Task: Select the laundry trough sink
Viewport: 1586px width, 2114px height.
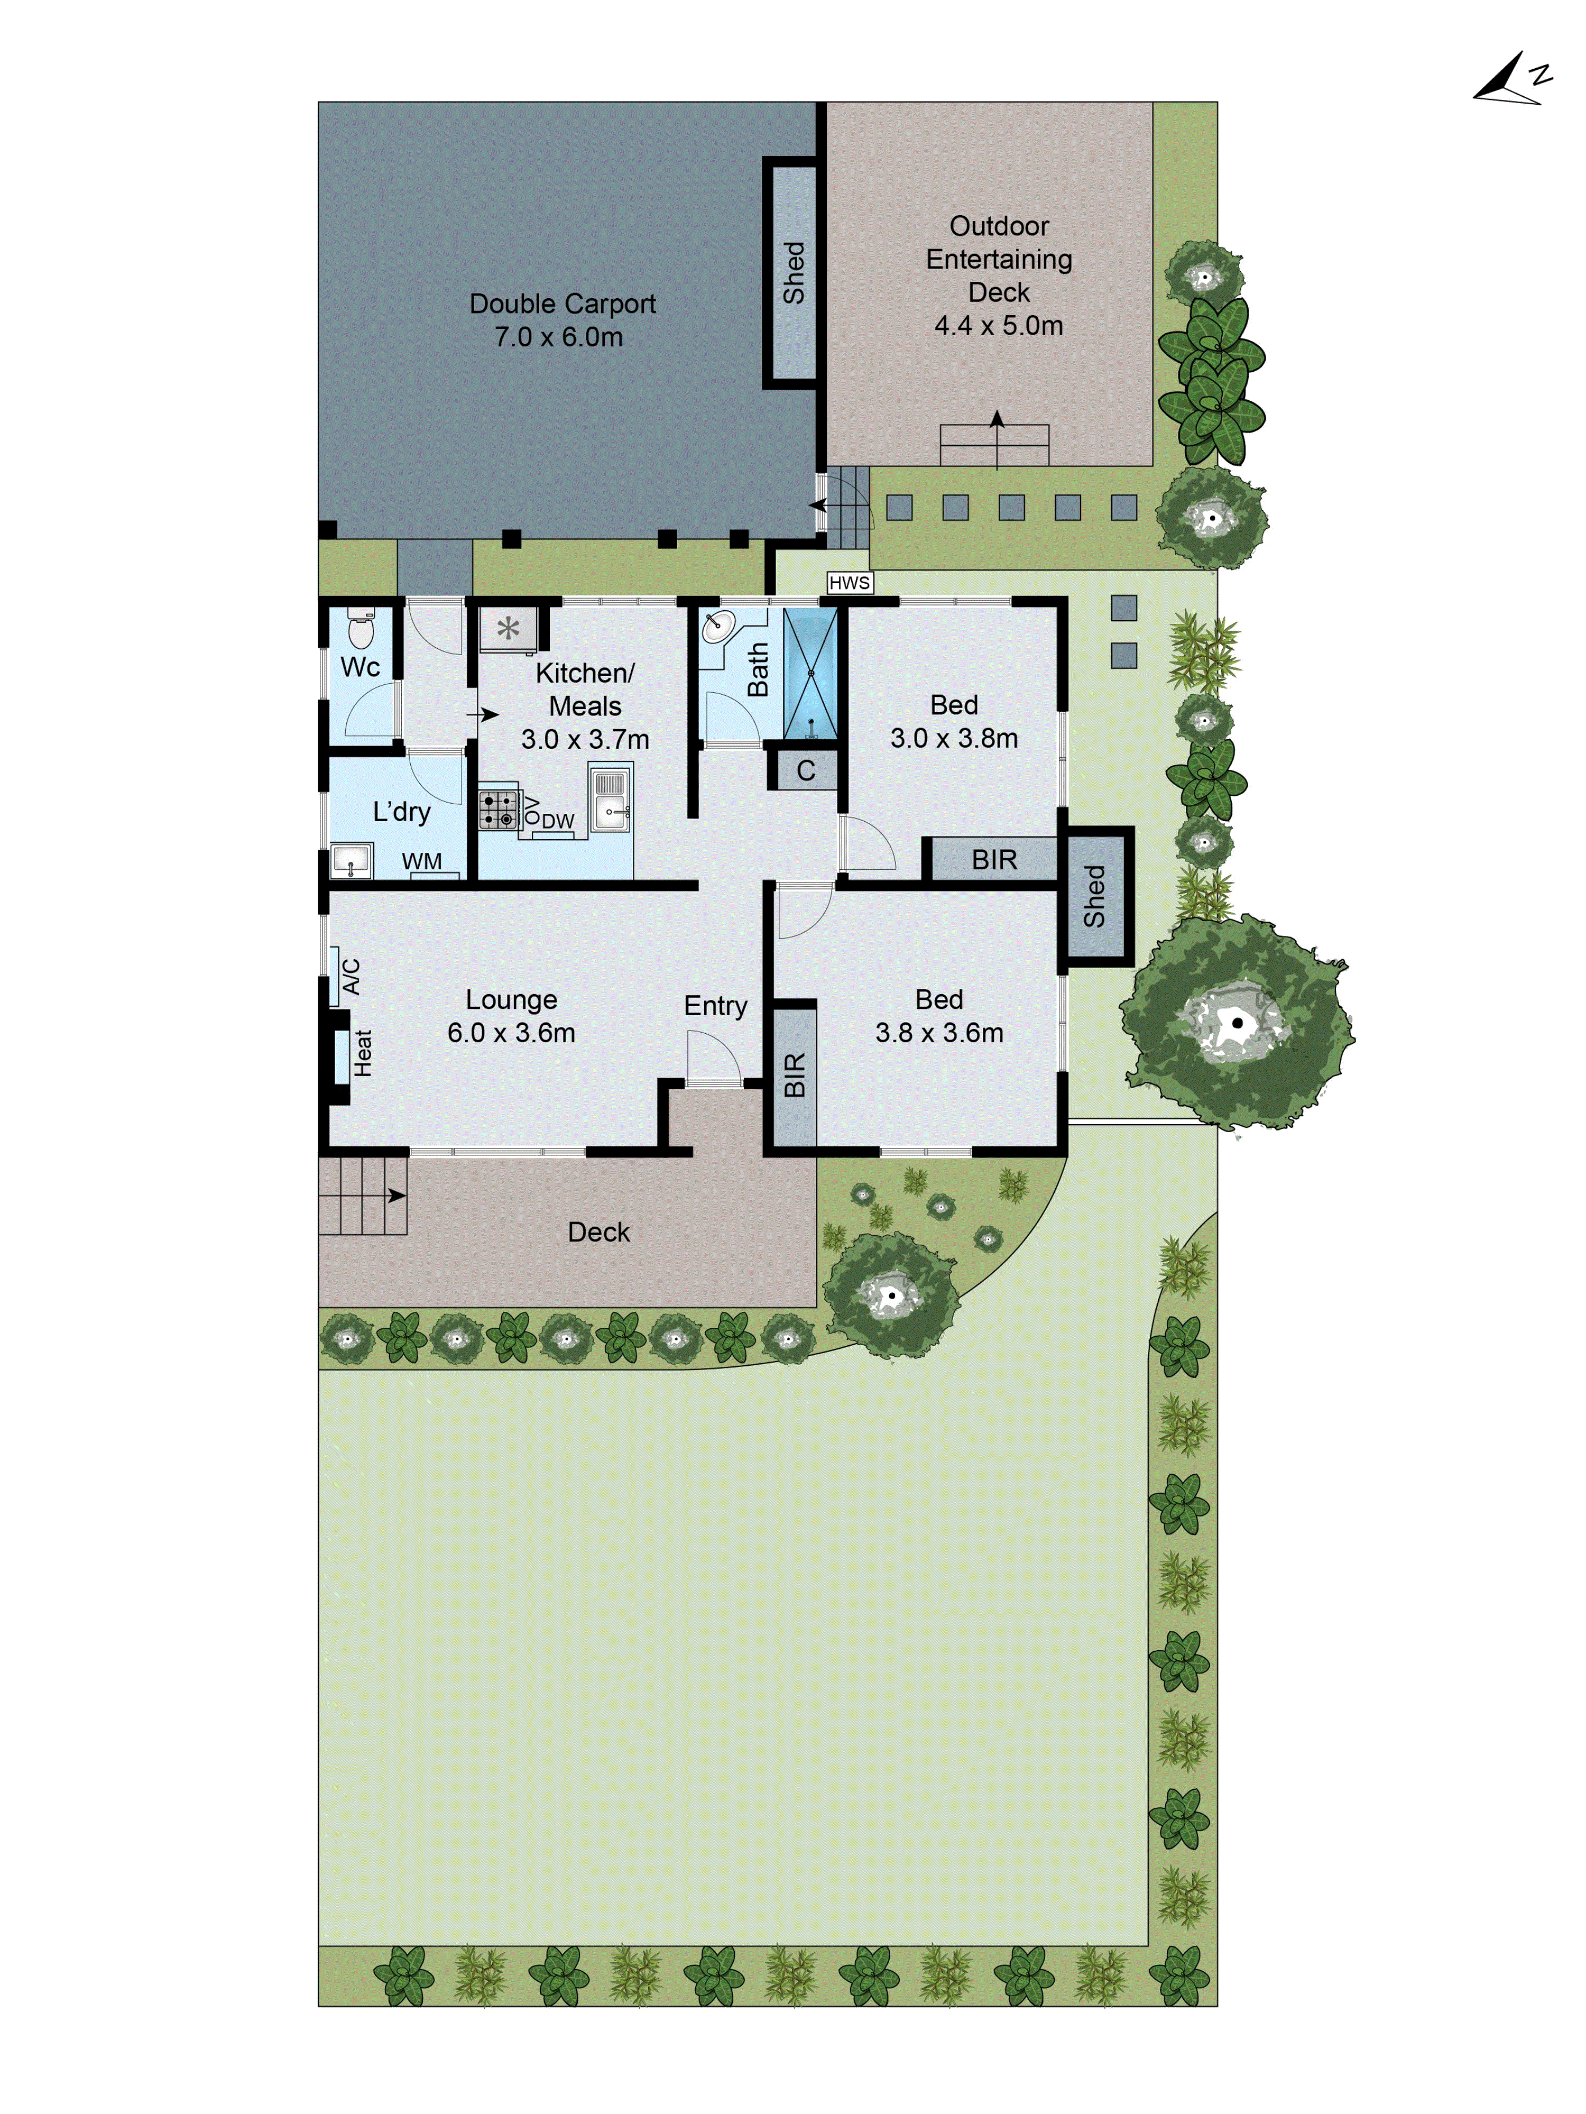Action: coord(351,859)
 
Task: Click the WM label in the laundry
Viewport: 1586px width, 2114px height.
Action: coord(421,861)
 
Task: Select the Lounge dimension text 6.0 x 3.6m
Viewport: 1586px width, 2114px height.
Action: coord(511,1033)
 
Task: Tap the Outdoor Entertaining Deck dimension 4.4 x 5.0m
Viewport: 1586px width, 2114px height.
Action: coord(999,326)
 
